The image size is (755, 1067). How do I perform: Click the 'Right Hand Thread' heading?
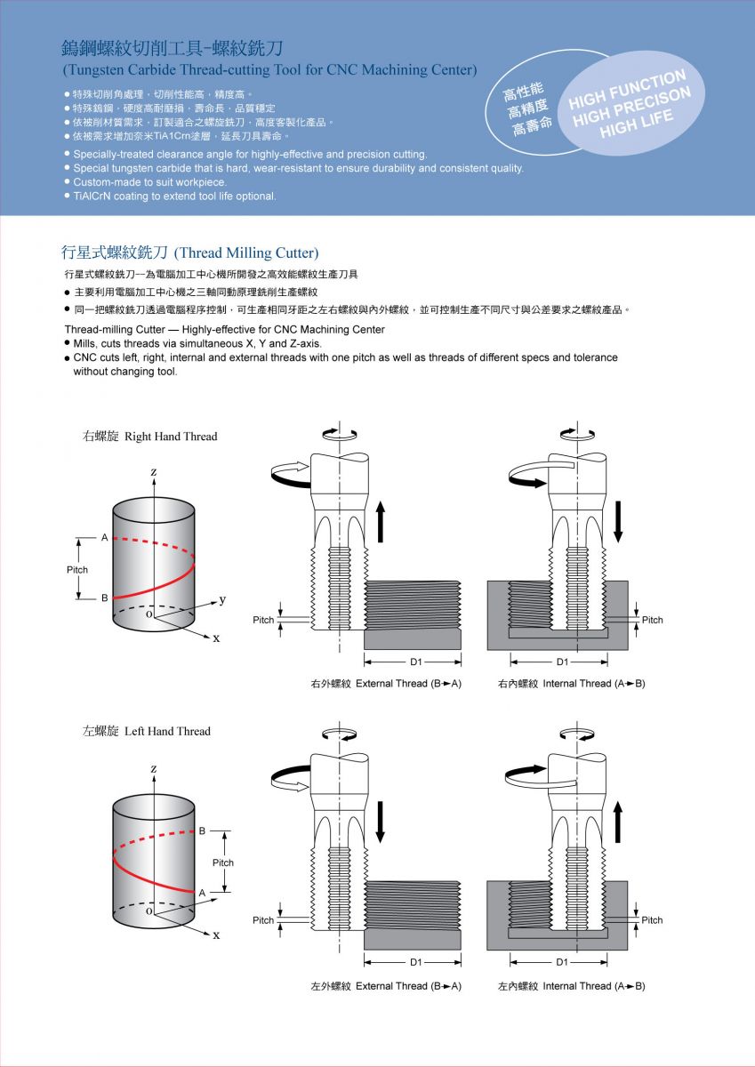tap(149, 437)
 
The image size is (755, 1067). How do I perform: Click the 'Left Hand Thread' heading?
tap(147, 731)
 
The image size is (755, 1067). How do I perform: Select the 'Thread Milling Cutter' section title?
tap(189, 253)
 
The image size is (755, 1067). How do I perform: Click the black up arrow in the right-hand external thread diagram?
tap(381, 521)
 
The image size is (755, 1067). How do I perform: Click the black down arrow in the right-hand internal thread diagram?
tap(619, 521)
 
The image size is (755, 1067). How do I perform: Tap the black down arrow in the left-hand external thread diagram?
tap(381, 822)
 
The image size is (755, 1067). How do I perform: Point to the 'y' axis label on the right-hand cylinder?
tap(222, 599)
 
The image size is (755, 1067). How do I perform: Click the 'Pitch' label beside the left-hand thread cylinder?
tap(222, 862)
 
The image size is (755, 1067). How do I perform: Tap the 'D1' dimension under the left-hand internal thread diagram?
tap(562, 962)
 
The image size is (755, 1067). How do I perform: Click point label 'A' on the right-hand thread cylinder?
tap(104, 538)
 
